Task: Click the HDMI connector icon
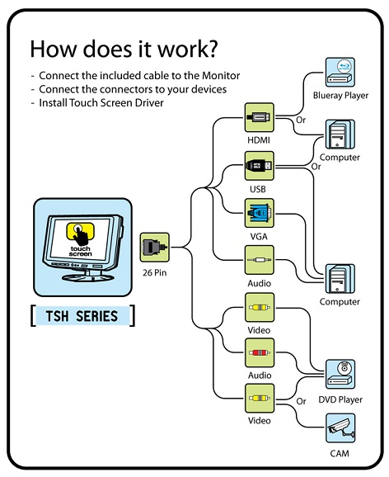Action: [260, 117]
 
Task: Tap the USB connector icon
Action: [260, 166]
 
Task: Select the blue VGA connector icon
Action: [260, 213]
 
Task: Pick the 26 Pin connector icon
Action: [154, 248]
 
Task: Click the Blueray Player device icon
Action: [340, 72]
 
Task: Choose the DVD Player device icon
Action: [340, 374]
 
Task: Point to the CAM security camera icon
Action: [340, 428]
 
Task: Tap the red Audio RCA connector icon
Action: [260, 353]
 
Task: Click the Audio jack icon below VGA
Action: [260, 260]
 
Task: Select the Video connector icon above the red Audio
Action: [260, 307]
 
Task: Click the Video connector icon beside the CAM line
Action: [260, 399]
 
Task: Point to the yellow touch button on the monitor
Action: [80, 231]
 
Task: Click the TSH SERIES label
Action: [82, 316]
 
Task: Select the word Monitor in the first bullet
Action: [221, 75]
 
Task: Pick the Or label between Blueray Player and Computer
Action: [301, 120]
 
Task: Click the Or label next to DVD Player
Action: [301, 401]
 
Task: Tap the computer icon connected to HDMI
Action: [340, 135]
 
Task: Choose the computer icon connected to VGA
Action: [340, 279]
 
